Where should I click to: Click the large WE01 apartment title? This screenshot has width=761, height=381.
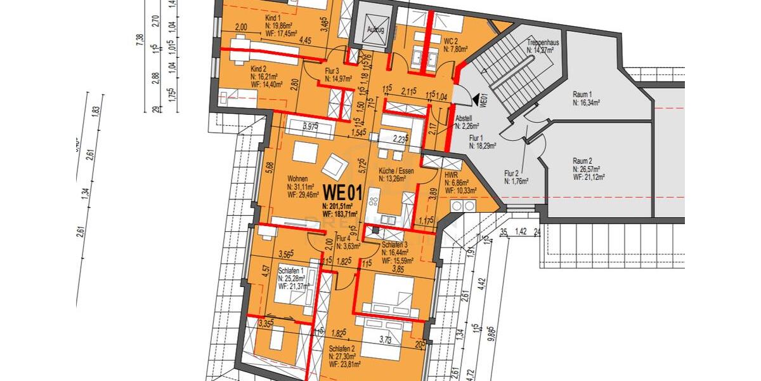point(343,190)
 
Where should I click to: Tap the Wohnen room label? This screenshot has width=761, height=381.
point(297,179)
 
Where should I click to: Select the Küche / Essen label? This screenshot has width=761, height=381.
point(396,171)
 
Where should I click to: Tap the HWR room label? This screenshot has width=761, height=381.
point(452,174)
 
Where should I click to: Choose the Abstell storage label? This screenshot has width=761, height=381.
point(464,118)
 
